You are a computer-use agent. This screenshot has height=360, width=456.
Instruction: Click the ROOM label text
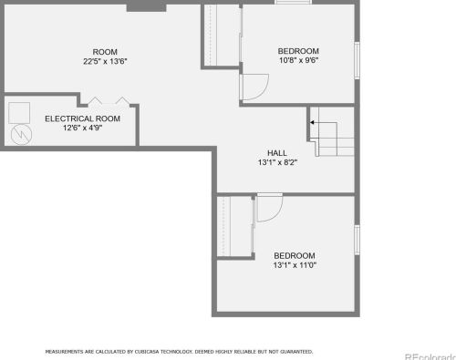[105, 52]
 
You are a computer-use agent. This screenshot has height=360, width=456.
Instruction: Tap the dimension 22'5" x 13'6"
[105, 61]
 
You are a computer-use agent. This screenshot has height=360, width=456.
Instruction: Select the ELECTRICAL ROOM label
[82, 118]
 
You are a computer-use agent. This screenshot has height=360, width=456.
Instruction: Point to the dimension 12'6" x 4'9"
[82, 128]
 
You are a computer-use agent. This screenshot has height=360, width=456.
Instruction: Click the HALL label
[277, 153]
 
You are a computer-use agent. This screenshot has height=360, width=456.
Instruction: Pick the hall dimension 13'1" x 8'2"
[277, 162]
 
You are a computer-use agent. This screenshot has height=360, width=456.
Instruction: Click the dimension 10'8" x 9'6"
[298, 60]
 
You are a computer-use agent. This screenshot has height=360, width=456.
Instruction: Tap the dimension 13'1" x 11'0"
[295, 265]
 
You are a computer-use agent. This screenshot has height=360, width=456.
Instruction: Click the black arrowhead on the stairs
[312, 122]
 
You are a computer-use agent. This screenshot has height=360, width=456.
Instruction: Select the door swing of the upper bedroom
[264, 92]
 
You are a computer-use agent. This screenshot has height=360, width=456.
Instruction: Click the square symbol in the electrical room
[19, 113]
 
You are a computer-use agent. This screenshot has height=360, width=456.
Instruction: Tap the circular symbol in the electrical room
[21, 135]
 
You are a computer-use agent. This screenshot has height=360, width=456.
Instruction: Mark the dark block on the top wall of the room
[146, 5]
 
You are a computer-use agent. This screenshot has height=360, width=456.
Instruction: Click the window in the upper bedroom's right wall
[358, 60]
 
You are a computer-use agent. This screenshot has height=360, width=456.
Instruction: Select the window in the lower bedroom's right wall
[358, 240]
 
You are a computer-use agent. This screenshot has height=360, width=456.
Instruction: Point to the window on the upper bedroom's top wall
[293, 2]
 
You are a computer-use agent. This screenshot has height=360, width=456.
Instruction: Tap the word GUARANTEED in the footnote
[296, 352]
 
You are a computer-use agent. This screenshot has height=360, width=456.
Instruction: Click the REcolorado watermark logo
[430, 356]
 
